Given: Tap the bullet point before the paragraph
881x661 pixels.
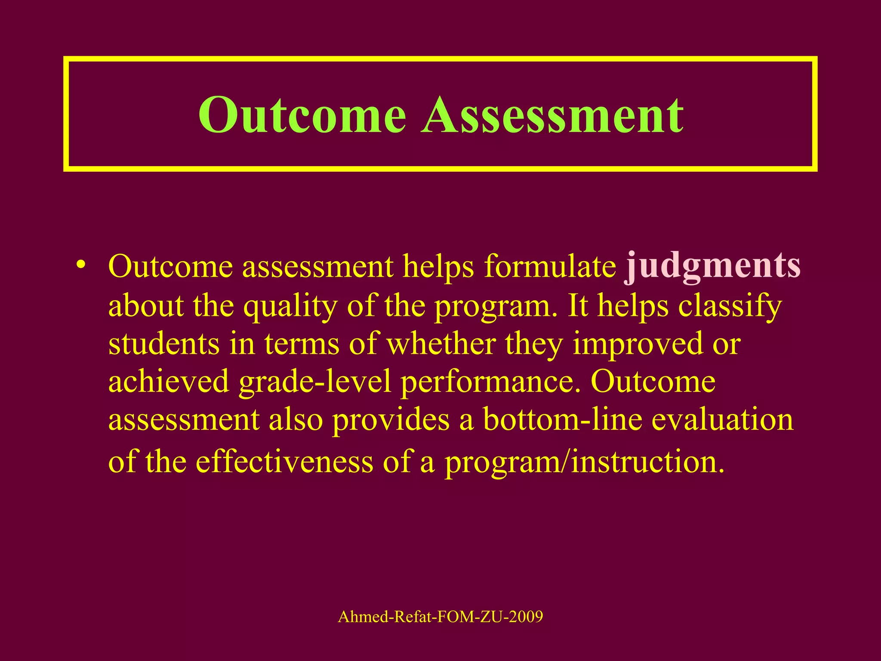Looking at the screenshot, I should [80, 263].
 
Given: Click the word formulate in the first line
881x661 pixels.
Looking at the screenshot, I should [550, 266].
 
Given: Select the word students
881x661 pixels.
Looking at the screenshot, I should [163, 344].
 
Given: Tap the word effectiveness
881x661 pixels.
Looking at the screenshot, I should [284, 462].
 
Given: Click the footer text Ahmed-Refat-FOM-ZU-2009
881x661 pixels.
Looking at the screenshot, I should [440, 617].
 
